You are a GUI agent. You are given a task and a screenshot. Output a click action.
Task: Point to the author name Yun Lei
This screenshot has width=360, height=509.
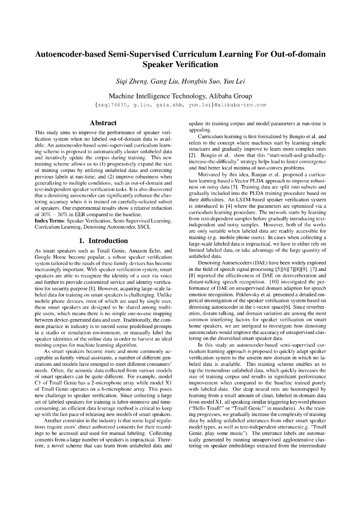point(234,81)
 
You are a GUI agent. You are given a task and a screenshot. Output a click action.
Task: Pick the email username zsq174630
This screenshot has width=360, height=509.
point(114,105)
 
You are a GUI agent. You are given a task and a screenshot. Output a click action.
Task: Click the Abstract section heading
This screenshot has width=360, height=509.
point(102,123)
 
